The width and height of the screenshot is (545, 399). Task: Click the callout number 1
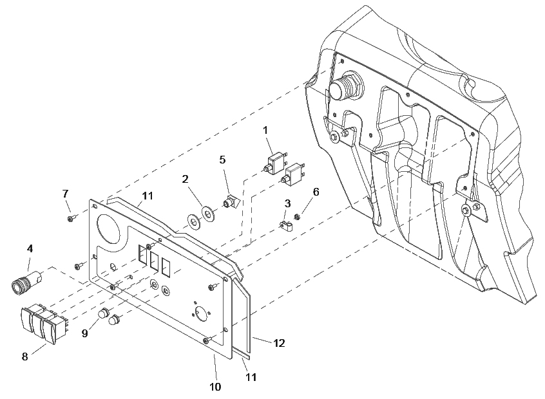tap(265, 131)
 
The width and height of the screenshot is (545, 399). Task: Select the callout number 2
tap(186, 179)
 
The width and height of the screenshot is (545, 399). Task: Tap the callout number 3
tap(287, 203)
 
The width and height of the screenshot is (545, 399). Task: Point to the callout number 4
tap(30, 248)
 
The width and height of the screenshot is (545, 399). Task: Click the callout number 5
tap(222, 160)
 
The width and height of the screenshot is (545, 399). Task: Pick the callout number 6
tap(316, 192)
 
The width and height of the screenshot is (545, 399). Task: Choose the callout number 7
tap(65, 194)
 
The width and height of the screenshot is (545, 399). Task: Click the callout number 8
tap(24, 357)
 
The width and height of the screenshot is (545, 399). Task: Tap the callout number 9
tap(85, 333)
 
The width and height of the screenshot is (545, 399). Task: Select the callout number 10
tap(215, 387)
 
